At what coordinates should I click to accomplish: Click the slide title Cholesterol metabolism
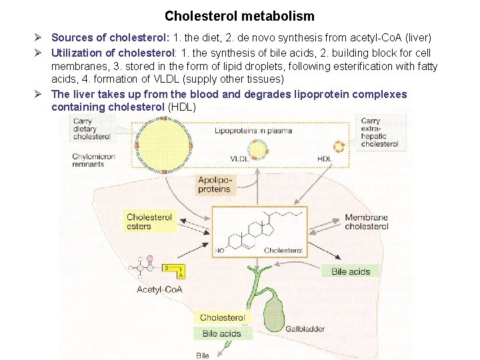click(239, 15)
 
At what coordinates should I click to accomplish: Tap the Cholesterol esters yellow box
click(149, 221)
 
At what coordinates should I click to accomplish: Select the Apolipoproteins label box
click(214, 185)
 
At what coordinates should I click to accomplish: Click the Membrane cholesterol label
click(366, 222)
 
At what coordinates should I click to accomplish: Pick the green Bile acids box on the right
click(351, 271)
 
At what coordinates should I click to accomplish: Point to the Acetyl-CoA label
click(159, 289)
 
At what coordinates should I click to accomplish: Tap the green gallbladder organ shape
click(274, 314)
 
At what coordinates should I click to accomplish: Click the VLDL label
click(239, 159)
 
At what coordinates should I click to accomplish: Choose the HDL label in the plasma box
click(325, 159)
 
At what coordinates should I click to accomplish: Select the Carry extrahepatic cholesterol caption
click(379, 133)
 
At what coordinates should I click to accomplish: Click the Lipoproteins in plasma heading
click(253, 131)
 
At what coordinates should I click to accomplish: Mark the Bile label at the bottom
click(203, 355)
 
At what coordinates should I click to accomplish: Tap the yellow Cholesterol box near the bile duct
click(222, 318)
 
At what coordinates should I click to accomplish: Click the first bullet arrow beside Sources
click(39, 38)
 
